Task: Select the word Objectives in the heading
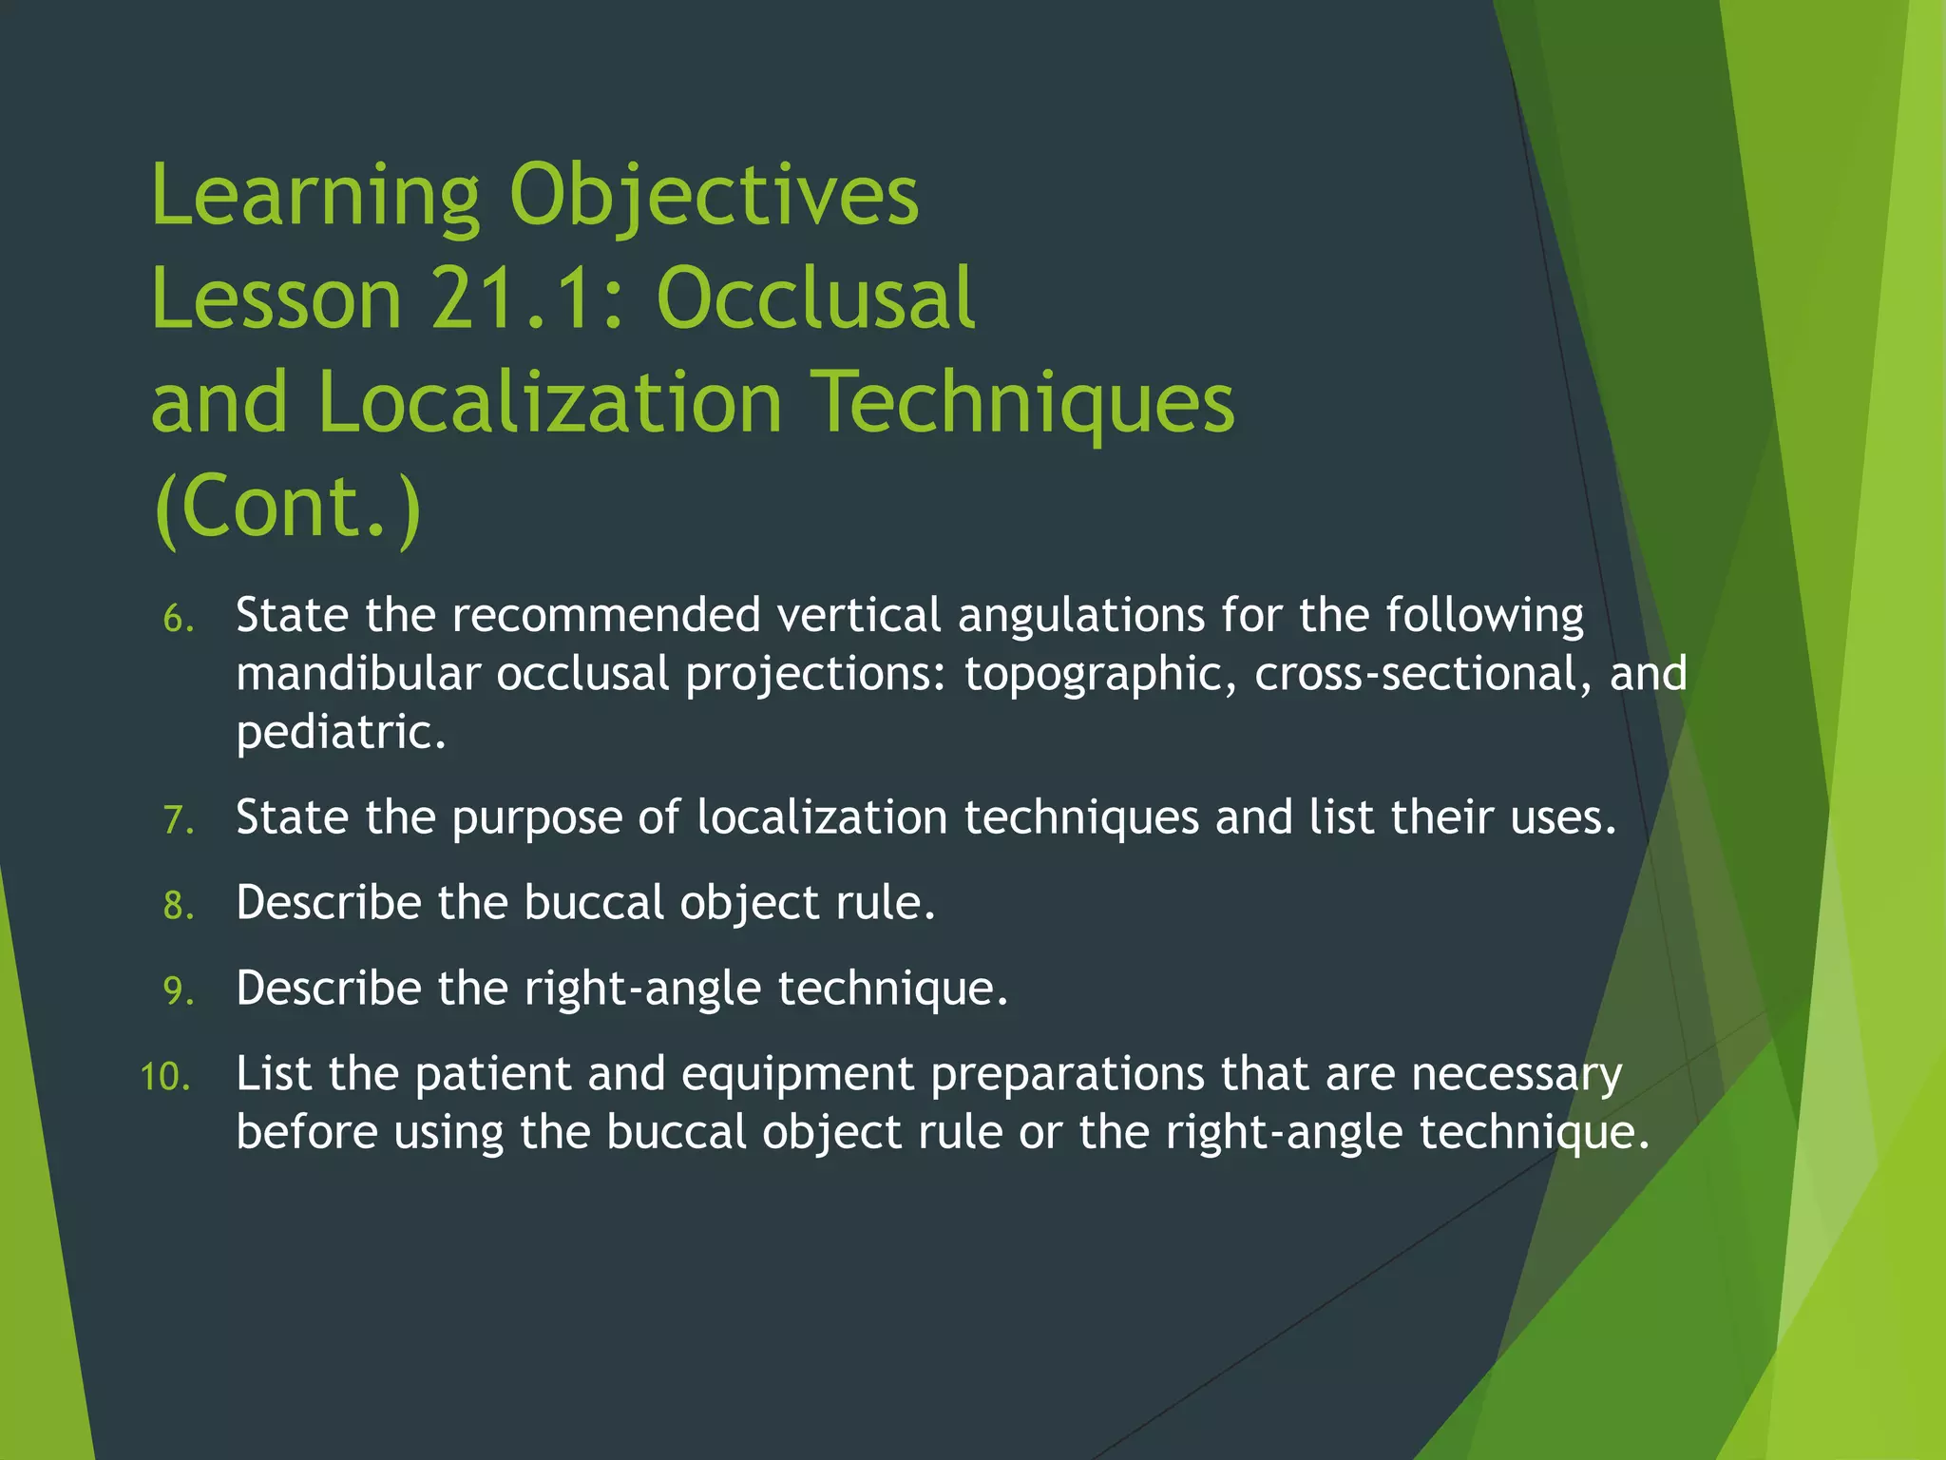click(714, 197)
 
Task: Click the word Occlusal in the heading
click(815, 298)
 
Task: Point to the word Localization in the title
click(550, 403)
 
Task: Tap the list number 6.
click(178, 620)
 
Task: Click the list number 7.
click(178, 820)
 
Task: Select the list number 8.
click(178, 906)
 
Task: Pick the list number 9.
click(178, 991)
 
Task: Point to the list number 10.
click(165, 1078)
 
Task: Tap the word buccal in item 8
click(594, 903)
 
